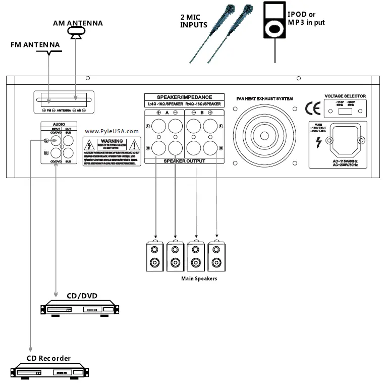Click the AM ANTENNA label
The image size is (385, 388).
coord(78,23)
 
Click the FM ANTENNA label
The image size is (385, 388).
coord(35,44)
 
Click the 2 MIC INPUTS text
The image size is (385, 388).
coord(194,21)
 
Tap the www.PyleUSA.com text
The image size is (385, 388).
coord(112,131)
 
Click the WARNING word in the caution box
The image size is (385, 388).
coord(112,142)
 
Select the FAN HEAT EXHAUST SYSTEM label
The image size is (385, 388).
coord(264,98)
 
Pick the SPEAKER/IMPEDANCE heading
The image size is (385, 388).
coord(184,97)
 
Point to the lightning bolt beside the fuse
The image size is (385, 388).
coord(318,143)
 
